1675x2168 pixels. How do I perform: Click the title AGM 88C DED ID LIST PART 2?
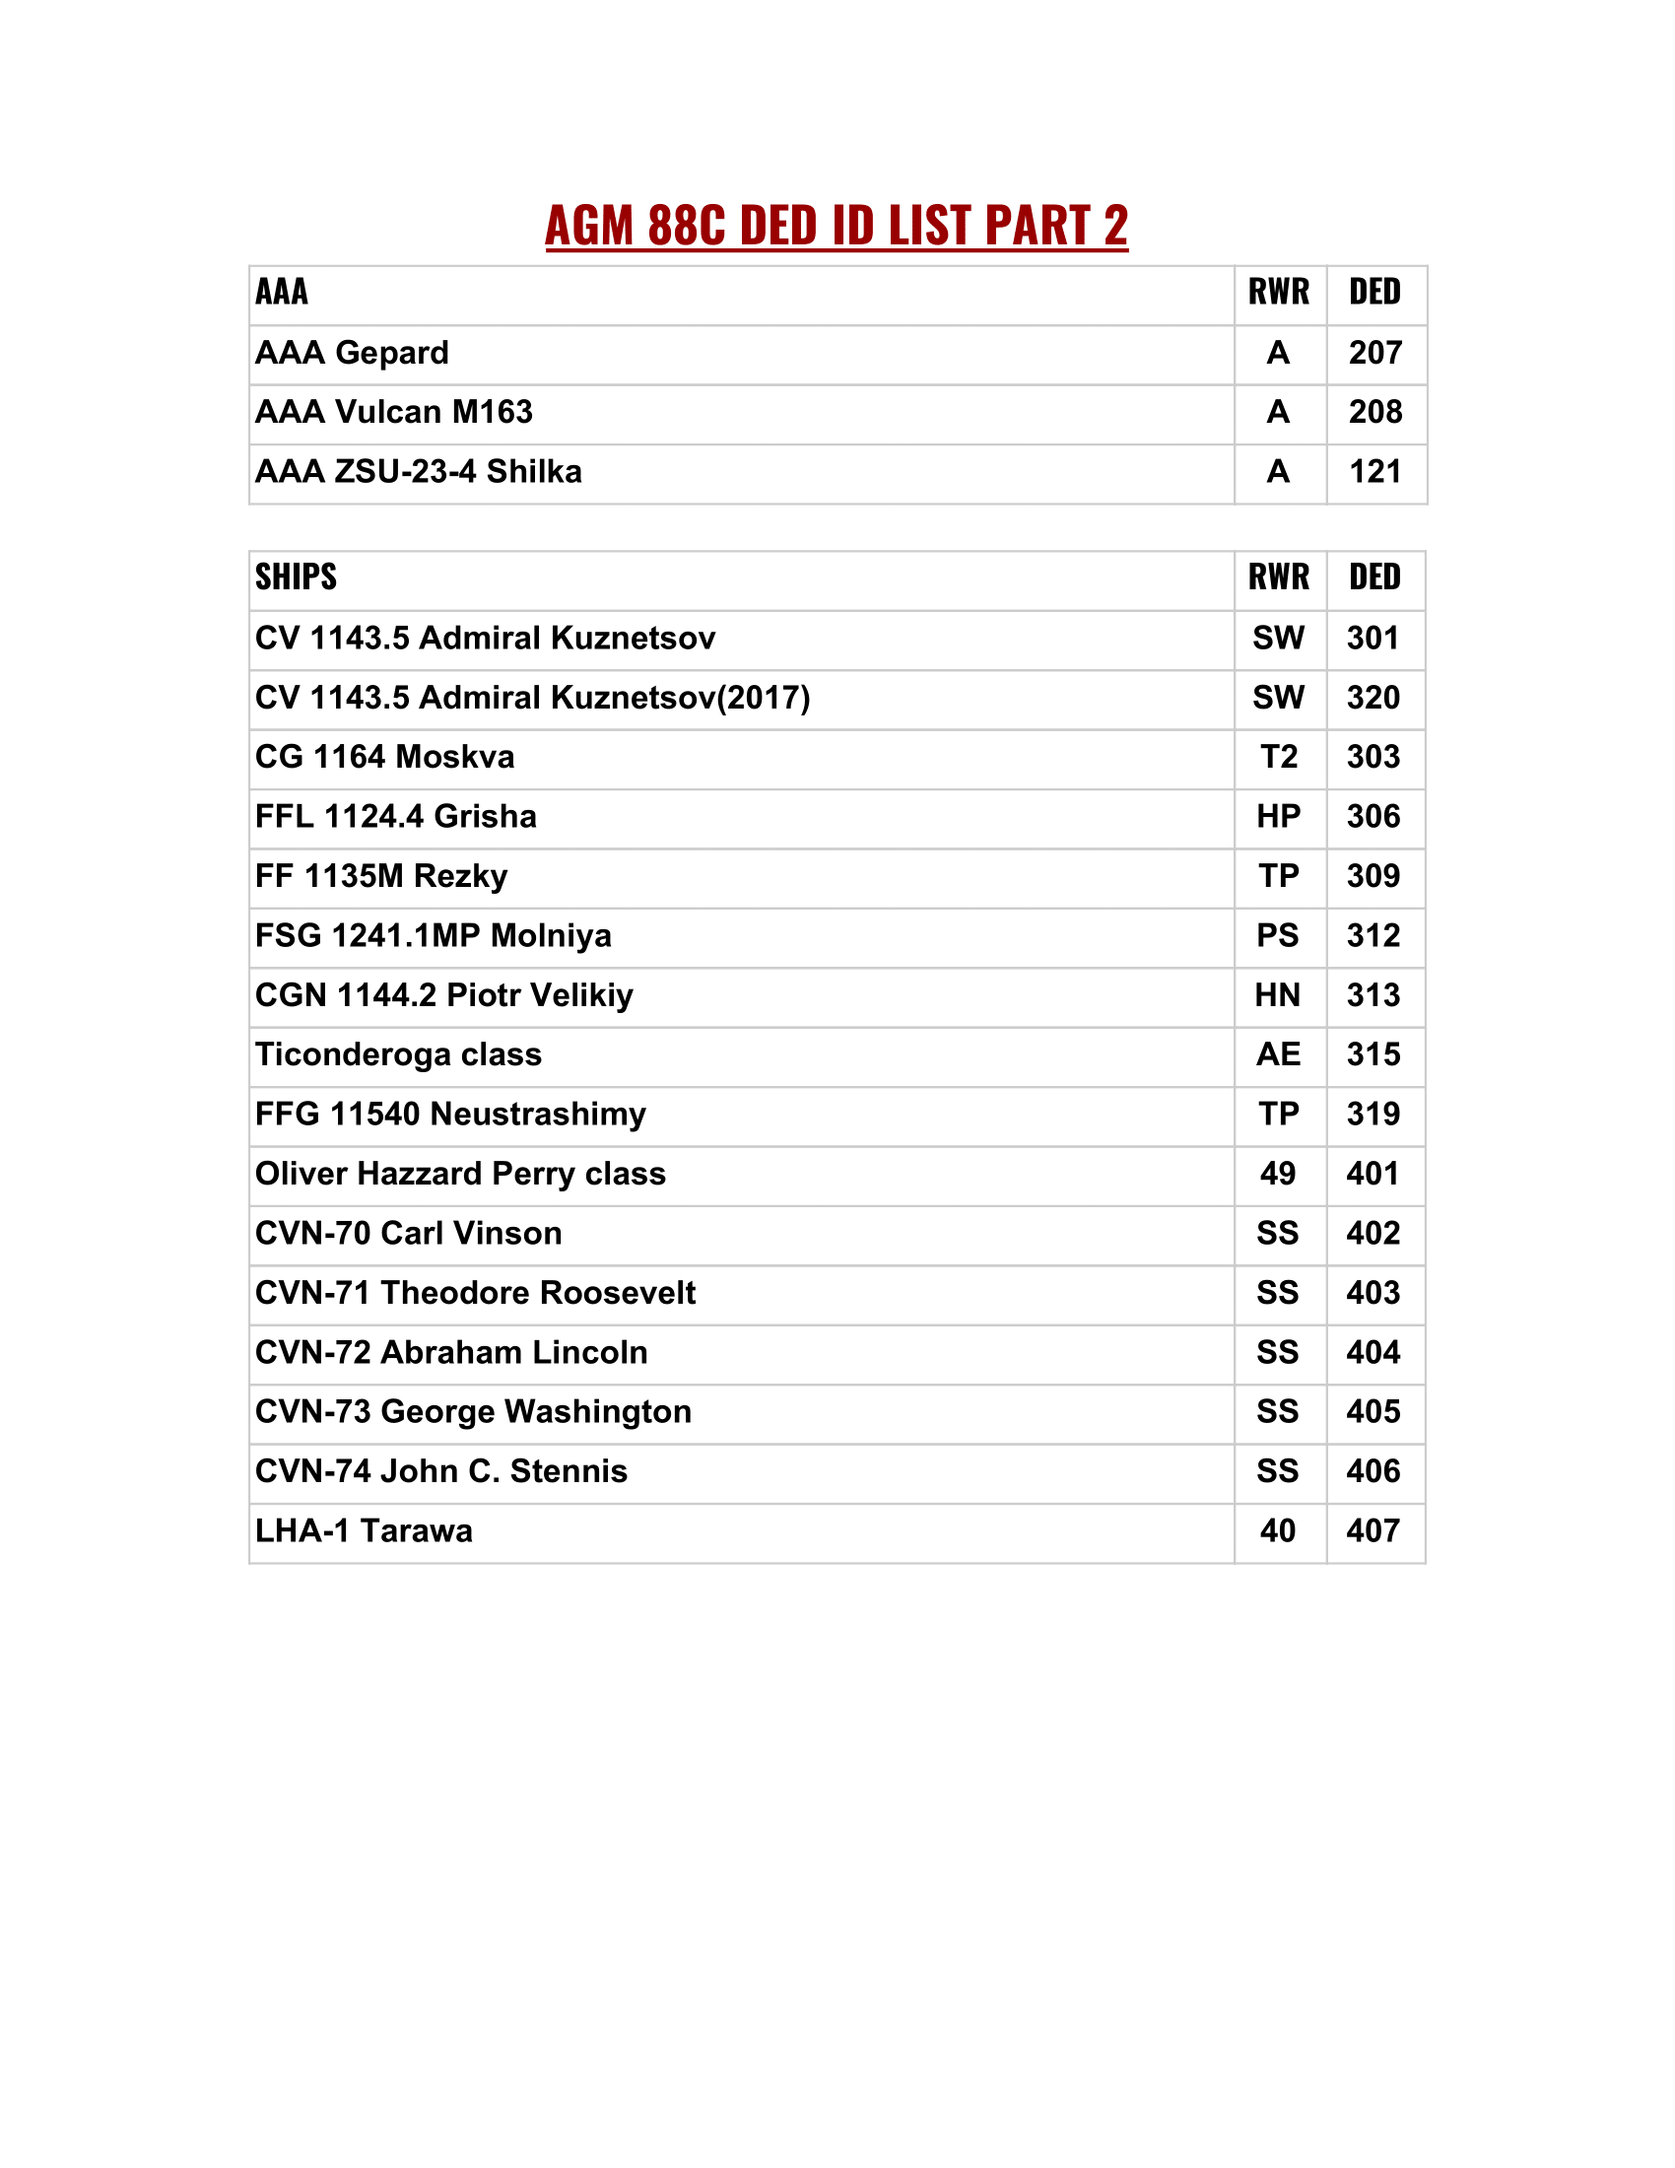[x=836, y=226]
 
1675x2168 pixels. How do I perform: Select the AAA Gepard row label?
[x=352, y=354]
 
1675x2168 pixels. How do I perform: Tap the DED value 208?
[x=1374, y=412]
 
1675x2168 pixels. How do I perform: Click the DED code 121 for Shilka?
[x=1374, y=471]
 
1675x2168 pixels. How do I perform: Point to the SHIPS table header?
[x=296, y=576]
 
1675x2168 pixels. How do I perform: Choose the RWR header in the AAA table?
[x=1278, y=292]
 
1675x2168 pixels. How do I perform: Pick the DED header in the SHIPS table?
[x=1374, y=576]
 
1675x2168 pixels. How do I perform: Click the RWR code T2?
[x=1278, y=758]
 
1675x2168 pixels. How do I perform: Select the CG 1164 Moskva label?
[x=384, y=758]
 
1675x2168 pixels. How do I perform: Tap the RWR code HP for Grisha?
[x=1278, y=817]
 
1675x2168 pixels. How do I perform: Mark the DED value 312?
[x=1373, y=936]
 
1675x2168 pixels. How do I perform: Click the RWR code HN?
[x=1277, y=995]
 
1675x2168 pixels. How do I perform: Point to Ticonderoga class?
[x=398, y=1055]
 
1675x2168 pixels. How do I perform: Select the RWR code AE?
[x=1278, y=1055]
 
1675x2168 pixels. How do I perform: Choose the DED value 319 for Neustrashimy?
[x=1373, y=1115]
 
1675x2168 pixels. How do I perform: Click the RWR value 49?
[x=1277, y=1175]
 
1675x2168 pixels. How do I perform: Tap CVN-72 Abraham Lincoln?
[x=450, y=1353]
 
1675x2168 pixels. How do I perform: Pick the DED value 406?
[x=1373, y=1472]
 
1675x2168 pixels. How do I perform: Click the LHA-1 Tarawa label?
[x=364, y=1531]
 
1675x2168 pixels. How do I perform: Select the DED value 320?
[x=1373, y=698]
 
